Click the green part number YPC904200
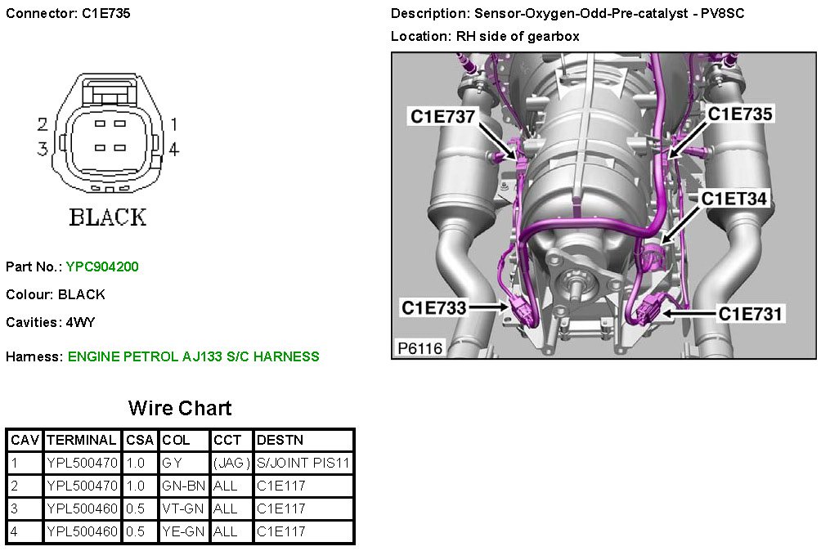click(108, 267)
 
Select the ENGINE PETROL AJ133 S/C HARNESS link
click(193, 356)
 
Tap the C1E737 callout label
click(442, 117)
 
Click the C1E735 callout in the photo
click(740, 114)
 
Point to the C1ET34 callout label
click(734, 198)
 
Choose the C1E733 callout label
click(433, 307)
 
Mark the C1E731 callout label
click(751, 313)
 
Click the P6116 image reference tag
click(420, 348)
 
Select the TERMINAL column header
click(82, 440)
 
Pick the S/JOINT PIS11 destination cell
click(303, 463)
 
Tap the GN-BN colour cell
click(183, 486)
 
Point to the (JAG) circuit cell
click(231, 463)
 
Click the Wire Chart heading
click(180, 408)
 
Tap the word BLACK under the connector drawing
click(107, 217)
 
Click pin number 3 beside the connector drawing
click(42, 149)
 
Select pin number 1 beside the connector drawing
click(173, 124)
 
